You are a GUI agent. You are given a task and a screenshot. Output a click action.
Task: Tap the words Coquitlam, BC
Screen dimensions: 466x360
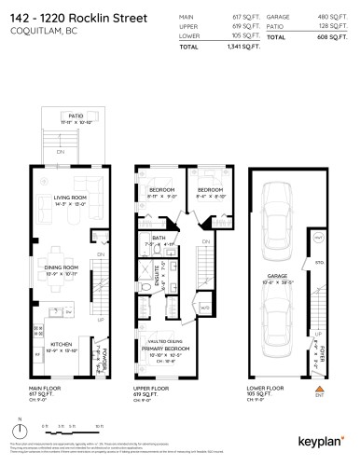coord(44,31)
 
